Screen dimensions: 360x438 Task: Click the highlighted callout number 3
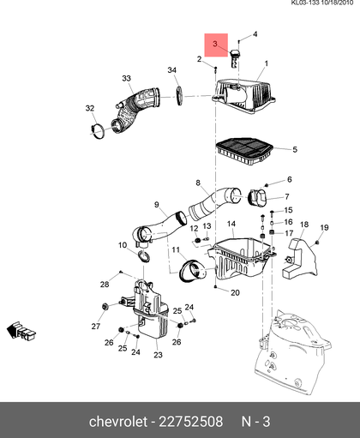[x=215, y=44]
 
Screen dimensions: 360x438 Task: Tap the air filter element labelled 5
[x=244, y=151]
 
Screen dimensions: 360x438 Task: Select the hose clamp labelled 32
[x=97, y=131]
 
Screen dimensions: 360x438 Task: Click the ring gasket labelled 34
[x=179, y=95]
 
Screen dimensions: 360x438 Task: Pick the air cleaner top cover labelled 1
[x=243, y=96]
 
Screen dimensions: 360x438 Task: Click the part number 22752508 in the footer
[x=190, y=422]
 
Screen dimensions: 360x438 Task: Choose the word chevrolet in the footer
[x=118, y=422]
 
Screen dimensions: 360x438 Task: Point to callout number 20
[x=235, y=292]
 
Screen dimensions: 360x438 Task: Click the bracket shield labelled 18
[x=299, y=259]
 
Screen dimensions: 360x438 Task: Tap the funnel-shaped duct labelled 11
[x=192, y=270]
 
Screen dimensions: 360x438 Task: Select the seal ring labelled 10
[x=144, y=255]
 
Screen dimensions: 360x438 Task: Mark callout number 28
[x=105, y=284]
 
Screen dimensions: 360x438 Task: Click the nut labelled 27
[x=105, y=307]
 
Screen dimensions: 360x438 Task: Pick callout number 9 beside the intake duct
[x=156, y=205]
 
